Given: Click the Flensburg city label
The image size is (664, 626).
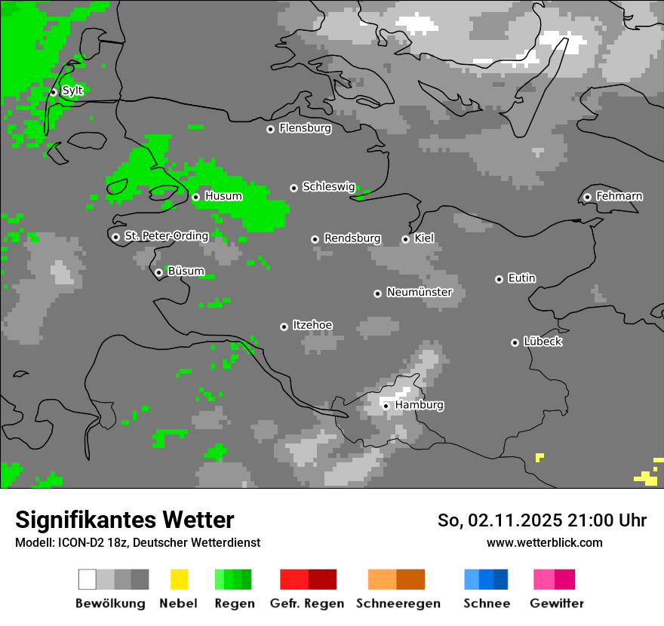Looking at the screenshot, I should (305, 128).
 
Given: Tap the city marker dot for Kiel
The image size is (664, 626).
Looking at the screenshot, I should (405, 239).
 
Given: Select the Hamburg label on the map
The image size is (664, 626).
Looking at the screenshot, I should (420, 405).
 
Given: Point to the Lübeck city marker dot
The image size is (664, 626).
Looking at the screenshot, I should (515, 342).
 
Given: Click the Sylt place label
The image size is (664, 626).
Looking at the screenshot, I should (72, 91).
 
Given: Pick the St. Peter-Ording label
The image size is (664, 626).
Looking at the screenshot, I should (166, 236).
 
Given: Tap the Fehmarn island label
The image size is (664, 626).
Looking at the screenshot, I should (619, 196).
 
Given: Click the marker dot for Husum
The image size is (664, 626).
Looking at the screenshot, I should (195, 197).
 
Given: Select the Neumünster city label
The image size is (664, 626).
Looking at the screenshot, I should (420, 292).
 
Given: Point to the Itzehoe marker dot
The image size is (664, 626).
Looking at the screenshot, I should (284, 327).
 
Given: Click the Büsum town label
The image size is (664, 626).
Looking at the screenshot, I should (186, 271).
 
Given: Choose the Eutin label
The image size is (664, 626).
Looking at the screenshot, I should (521, 278).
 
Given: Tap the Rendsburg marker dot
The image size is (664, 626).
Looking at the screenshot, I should (315, 239).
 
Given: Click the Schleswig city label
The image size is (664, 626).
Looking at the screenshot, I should (328, 186).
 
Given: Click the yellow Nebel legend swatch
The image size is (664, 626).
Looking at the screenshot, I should (179, 579).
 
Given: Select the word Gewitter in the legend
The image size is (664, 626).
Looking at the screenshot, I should (557, 603).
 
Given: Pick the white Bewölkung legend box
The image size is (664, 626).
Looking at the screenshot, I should (87, 579).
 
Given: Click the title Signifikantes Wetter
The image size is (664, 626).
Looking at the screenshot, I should (124, 520).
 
